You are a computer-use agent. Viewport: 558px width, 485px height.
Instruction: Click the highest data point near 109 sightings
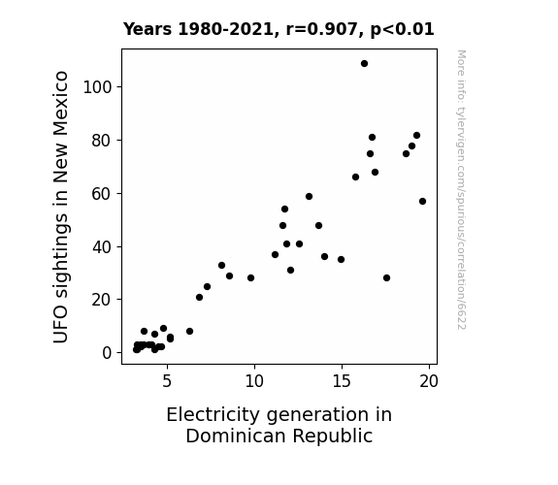point(364,64)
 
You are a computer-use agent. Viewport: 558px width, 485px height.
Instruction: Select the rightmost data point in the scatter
point(422,202)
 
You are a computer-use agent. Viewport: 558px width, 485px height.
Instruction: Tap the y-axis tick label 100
point(97,87)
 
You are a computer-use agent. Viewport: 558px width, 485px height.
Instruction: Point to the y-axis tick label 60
point(102,194)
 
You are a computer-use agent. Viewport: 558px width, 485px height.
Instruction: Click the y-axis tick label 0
point(107,353)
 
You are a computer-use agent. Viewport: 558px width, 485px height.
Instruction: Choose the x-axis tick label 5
point(167,381)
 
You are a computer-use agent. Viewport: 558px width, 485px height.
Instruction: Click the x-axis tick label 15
point(342,381)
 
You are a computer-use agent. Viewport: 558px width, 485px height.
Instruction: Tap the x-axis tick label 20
point(429,381)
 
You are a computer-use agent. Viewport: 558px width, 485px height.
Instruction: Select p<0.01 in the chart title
point(402,30)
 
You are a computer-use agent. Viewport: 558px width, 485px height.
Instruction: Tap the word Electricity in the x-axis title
point(213,415)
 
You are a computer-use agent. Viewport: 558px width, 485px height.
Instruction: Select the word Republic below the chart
point(333,436)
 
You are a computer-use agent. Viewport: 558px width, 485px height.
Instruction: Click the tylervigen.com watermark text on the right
point(461,189)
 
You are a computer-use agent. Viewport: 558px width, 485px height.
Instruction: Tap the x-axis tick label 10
point(254,381)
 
